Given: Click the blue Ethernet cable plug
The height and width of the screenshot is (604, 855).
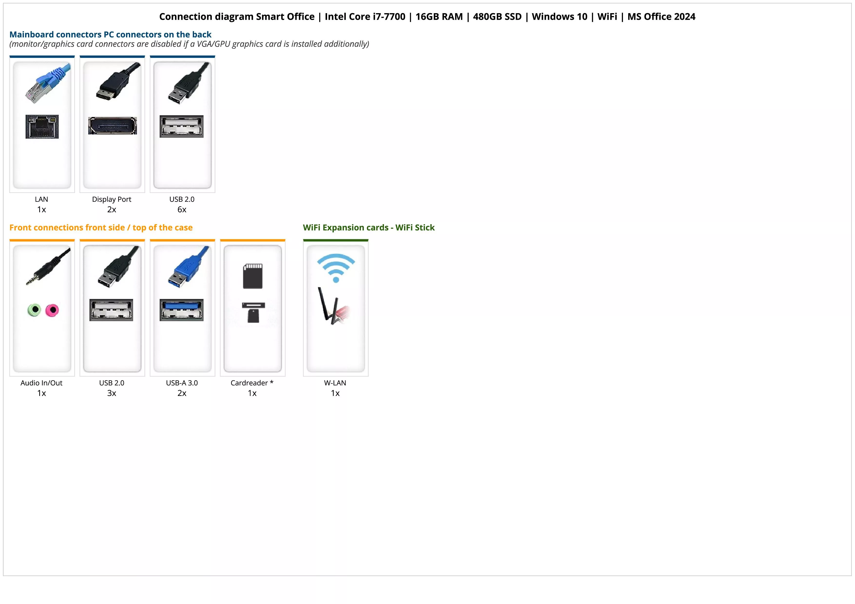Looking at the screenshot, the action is pyautogui.click(x=48, y=83).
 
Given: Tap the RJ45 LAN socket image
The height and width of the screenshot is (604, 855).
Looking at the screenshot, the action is pyautogui.click(x=42, y=126).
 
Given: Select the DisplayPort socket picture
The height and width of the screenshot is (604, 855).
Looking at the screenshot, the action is pyautogui.click(x=112, y=125).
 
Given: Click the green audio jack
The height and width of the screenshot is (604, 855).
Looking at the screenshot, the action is pyautogui.click(x=34, y=310).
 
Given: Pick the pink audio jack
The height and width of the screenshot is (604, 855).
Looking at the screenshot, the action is pyautogui.click(x=52, y=310).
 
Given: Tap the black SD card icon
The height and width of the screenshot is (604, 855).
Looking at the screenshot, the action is pyautogui.click(x=253, y=276).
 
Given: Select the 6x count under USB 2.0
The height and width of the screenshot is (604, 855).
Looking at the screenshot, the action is pyautogui.click(x=182, y=210).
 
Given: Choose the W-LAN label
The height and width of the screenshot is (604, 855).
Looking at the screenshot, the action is pyautogui.click(x=335, y=383).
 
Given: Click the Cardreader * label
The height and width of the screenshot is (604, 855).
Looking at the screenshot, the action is pyautogui.click(x=252, y=383).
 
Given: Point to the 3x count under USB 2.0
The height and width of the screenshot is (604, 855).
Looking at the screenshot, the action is pyautogui.click(x=112, y=393).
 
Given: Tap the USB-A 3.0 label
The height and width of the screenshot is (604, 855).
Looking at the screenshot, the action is pyautogui.click(x=182, y=383).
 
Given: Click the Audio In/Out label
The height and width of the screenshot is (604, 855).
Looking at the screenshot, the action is pyautogui.click(x=41, y=383).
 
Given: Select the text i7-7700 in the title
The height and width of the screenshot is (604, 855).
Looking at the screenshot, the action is pyautogui.click(x=389, y=17).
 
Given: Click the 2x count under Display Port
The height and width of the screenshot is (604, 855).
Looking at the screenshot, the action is pyautogui.click(x=112, y=210).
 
